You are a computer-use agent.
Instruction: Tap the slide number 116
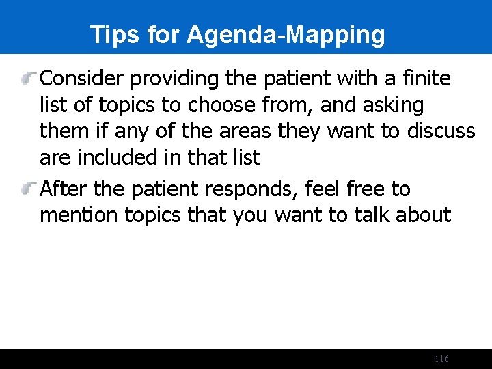pos(441,359)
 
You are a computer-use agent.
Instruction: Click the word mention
pos(79,216)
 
